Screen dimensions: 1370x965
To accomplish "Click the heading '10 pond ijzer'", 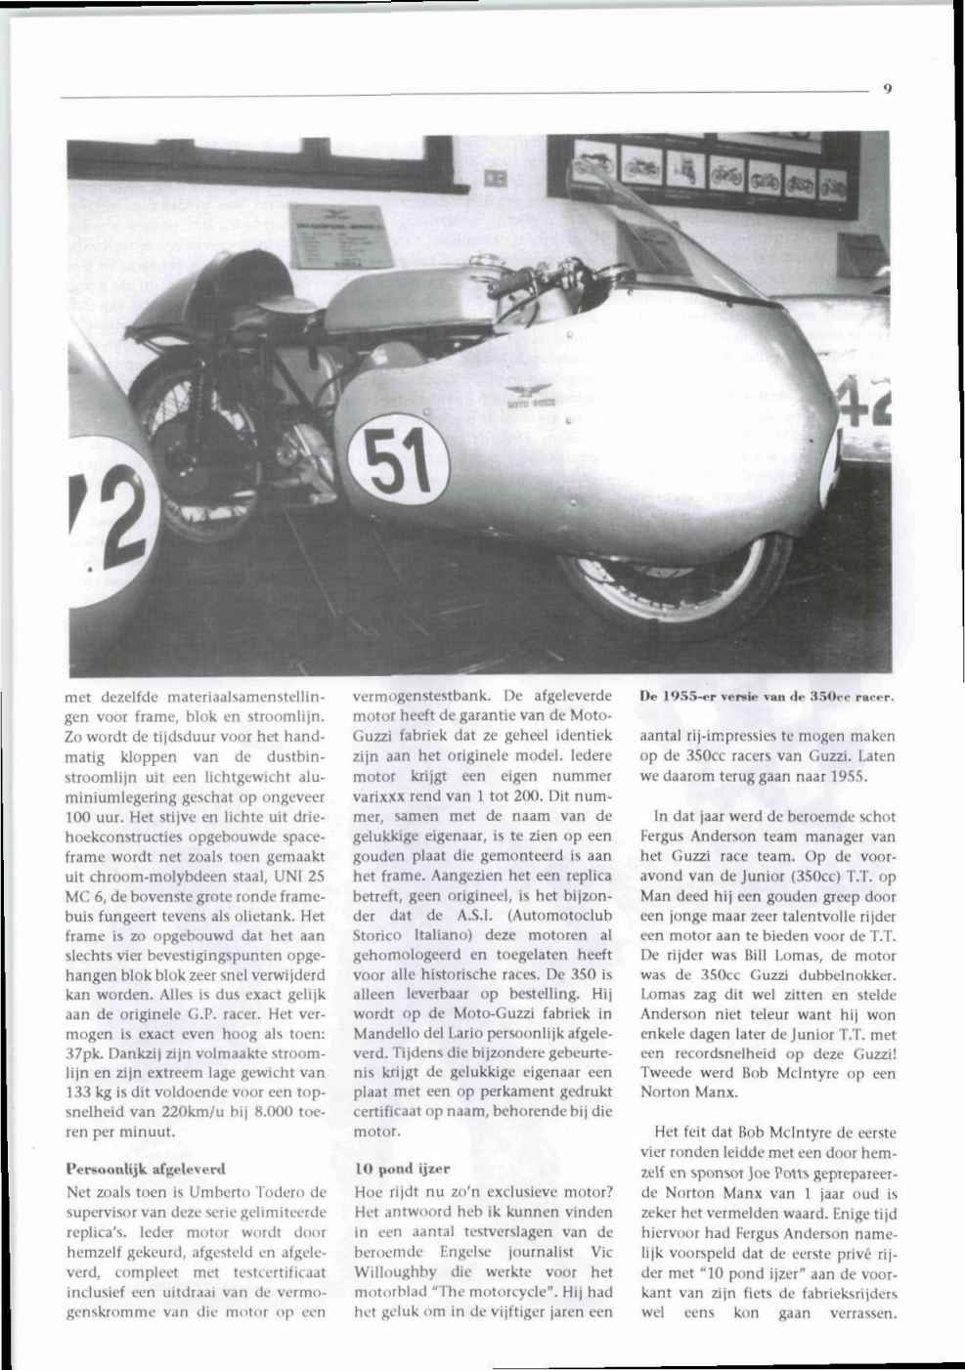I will tap(396, 1168).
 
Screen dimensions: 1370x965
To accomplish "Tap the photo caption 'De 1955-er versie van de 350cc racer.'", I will tap(768, 698).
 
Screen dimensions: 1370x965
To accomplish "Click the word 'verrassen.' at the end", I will tap(860, 1313).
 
